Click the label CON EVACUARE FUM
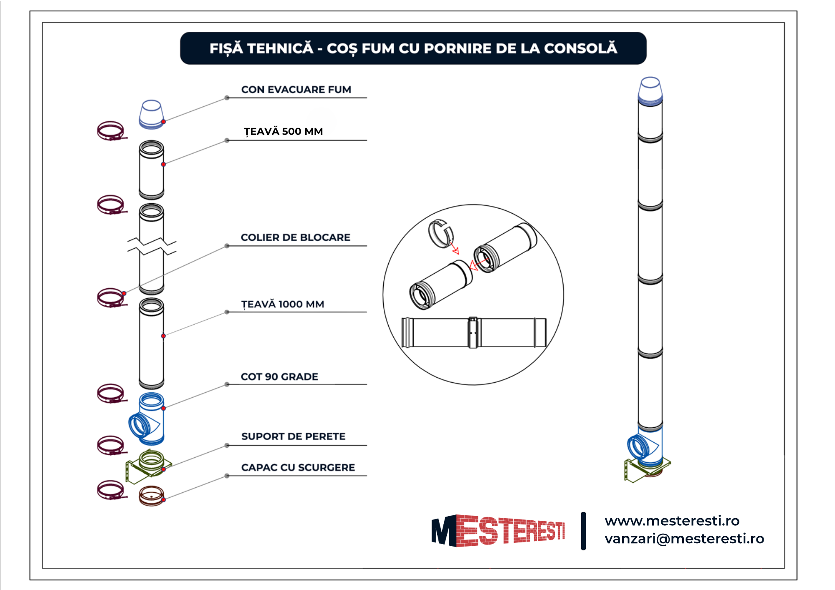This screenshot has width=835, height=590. (296, 90)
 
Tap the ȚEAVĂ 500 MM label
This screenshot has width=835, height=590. (283, 131)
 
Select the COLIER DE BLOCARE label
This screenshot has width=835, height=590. (295, 237)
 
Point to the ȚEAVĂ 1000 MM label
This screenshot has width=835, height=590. (282, 304)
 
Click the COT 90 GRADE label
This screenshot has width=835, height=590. (279, 377)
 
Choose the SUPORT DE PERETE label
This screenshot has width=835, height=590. (293, 436)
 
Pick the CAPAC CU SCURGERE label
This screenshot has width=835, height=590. (298, 467)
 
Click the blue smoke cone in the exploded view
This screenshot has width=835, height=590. (152, 114)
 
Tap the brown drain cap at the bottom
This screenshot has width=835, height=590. (151, 496)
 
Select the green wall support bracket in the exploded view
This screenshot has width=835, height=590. (149, 466)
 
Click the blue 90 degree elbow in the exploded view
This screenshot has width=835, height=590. (147, 419)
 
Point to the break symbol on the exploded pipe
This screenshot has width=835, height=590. (152, 246)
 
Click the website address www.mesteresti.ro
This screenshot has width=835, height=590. (672, 521)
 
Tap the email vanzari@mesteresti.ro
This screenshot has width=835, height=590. (684, 539)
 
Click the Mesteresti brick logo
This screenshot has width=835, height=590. (498, 531)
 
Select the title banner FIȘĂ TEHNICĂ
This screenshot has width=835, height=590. (413, 48)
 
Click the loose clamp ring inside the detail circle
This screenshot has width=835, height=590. (441, 233)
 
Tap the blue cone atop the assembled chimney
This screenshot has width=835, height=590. (650, 90)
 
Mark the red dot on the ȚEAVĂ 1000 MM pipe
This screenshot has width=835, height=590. (163, 336)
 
